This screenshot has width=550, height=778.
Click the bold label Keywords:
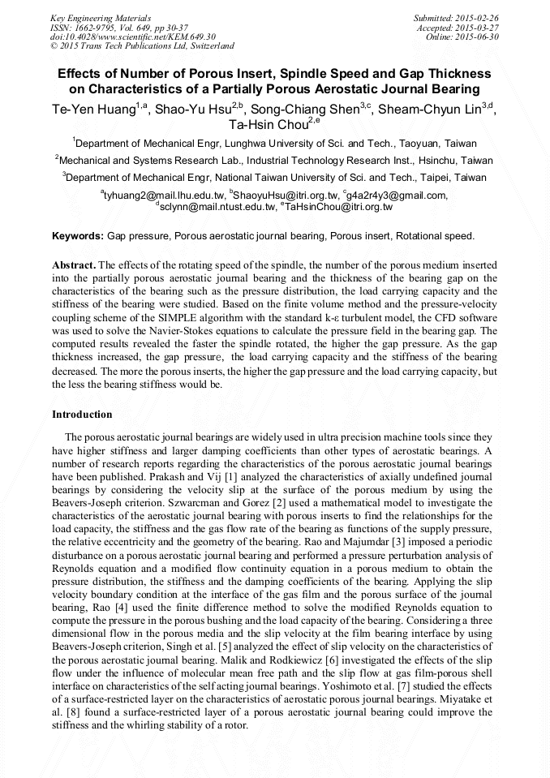(x=78, y=236)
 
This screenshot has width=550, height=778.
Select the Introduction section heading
(x=82, y=415)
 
